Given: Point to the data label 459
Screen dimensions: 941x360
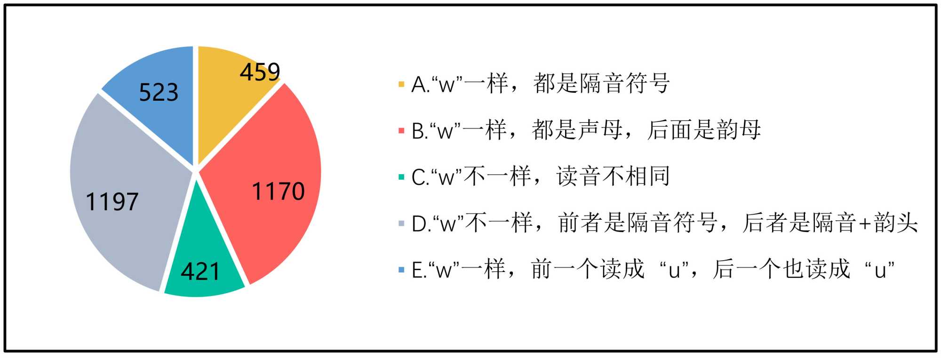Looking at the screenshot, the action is point(260,72).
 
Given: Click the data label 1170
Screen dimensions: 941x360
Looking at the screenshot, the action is point(278,192).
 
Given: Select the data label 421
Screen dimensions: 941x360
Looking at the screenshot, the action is point(200,272).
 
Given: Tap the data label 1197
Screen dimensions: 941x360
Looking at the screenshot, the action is point(112,202).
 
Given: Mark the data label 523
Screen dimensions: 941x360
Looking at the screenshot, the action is point(159,92).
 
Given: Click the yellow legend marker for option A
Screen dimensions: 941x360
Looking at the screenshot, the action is point(401,85).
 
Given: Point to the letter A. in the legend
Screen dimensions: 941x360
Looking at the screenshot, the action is point(420,85).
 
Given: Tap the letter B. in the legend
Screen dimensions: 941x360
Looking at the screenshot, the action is point(420,131).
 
